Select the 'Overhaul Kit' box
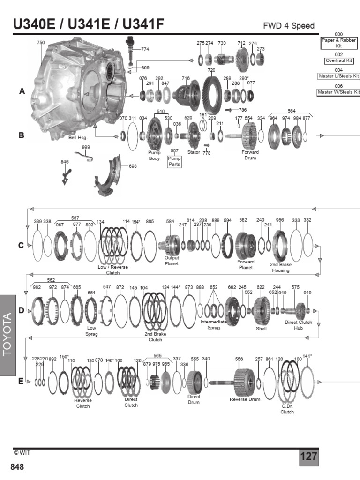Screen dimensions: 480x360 pos(338,61)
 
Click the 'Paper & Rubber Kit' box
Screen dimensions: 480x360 pos(338,43)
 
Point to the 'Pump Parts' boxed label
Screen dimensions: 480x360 pos(174,162)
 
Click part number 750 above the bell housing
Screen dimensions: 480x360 pos(41,43)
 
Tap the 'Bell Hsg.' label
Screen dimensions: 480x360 pos(78,138)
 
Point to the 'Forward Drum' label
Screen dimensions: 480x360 pos(250,155)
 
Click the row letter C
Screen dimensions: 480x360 pos(21,245)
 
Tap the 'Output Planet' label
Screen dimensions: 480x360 pos(172,260)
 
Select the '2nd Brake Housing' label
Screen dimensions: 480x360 pos(280,267)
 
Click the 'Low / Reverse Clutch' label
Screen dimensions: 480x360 pos(112,270)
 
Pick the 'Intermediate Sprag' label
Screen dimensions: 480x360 pos(214,325)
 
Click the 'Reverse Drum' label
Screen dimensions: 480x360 pos(245,399)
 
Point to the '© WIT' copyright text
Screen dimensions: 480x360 pos(22,452)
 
